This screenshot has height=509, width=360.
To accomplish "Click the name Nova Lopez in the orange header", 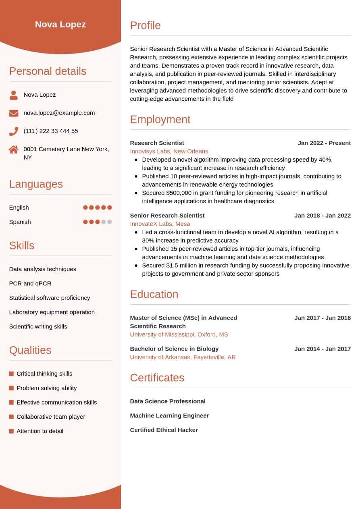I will [60, 24].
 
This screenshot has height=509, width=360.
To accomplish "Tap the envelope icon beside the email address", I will [14, 113].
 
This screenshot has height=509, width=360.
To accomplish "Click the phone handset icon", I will [14, 131].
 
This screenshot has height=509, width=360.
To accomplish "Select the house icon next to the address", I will [14, 150].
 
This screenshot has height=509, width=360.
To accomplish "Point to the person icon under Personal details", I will [14, 95].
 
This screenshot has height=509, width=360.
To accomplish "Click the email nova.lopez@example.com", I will [59, 113].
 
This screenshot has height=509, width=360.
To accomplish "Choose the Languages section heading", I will [36, 184].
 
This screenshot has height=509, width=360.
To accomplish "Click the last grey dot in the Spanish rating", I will [109, 222].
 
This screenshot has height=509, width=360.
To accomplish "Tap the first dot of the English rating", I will [85, 208].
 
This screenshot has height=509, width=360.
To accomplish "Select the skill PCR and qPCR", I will [30, 283].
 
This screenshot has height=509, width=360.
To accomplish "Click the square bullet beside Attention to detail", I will [11, 431].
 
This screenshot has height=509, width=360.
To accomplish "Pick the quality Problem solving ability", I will [47, 388].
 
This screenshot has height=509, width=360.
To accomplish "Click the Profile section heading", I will [145, 25].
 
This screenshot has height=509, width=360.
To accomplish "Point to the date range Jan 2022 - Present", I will [324, 143].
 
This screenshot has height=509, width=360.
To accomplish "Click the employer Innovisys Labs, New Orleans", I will [169, 151].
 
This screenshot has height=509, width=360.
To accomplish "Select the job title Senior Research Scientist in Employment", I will [167, 216].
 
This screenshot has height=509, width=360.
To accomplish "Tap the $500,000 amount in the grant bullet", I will [179, 193].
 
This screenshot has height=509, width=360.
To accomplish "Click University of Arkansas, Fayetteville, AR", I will [183, 357].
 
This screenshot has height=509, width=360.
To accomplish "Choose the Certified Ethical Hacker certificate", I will [164, 430].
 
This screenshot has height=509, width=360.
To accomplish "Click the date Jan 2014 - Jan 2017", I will [323, 349].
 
